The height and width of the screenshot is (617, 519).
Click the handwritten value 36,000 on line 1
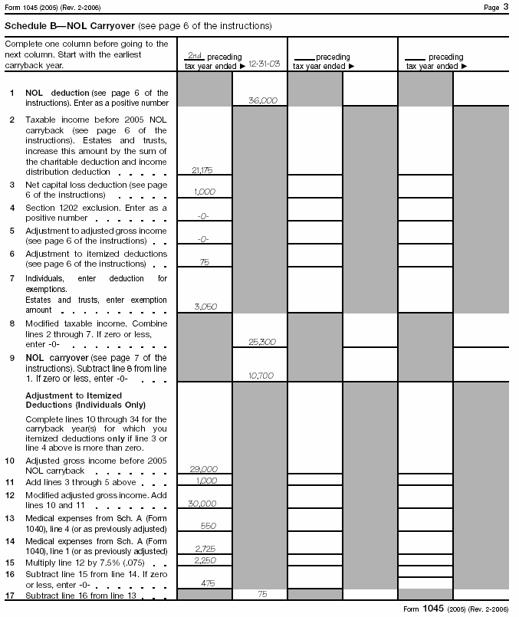point(263,100)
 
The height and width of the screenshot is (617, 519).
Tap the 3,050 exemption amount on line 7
point(203,306)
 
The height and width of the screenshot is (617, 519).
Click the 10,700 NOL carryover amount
point(262,376)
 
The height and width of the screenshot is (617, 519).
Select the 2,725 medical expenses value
point(203,549)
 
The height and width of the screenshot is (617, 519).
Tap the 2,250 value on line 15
point(203,560)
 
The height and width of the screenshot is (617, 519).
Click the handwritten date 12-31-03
point(264,66)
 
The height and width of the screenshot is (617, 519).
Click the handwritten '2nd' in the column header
point(195,56)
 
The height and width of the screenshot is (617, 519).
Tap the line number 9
point(11,358)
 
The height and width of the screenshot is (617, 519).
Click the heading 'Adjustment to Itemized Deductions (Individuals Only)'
point(85,399)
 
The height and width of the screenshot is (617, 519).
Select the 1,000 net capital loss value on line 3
point(203,192)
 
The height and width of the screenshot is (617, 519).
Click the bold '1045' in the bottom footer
point(432,608)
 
